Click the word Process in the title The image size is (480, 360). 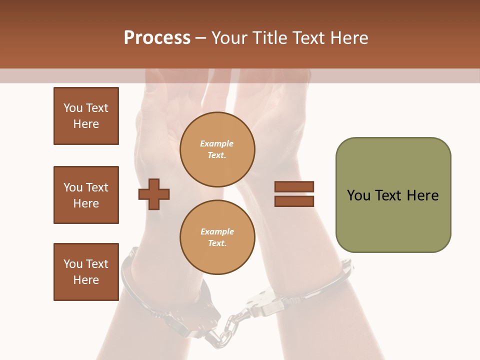pos(157,38)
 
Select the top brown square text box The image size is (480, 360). pos(86,116)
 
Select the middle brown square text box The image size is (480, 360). pos(86,195)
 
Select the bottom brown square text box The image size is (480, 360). pos(86,272)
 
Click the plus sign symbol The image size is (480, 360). pos(154,193)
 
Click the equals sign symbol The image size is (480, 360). pos(294,194)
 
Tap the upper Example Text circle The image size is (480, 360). pos(217,149)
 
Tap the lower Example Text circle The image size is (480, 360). pos(217,237)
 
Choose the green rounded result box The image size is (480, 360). pos(393,195)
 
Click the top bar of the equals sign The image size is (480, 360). pos(294,187)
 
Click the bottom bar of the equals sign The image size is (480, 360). pos(294,201)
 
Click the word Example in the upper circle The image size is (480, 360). pos(217,143)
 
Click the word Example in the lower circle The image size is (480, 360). pos(217,231)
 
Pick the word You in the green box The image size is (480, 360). pos(359,195)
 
